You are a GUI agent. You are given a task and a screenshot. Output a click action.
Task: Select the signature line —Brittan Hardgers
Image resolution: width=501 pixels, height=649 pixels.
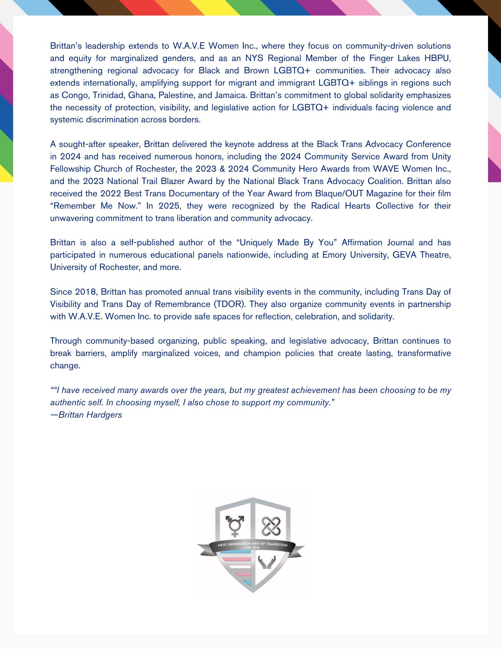pos(86,415)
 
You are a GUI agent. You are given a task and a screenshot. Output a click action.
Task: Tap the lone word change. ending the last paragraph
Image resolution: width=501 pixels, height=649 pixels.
pos(65,366)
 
